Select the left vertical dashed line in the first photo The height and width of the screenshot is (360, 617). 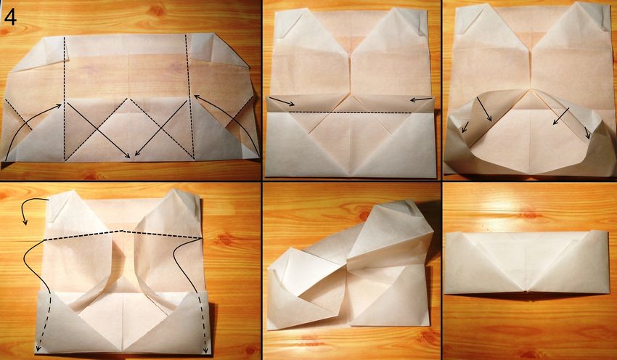[x=64, y=99]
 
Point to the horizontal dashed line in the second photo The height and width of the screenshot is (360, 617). [x=350, y=112]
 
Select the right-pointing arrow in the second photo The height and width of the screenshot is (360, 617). [x=282, y=102]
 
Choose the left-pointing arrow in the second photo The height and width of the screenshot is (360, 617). [x=421, y=100]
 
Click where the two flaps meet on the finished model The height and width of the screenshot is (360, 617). [x=526, y=292]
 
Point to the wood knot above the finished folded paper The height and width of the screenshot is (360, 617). [x=528, y=215]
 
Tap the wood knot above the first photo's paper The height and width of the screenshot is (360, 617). [x=157, y=11]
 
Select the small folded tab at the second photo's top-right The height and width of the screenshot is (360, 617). [x=422, y=24]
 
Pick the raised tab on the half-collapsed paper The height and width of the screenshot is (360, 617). [x=410, y=208]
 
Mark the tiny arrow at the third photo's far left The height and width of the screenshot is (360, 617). [x=465, y=127]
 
